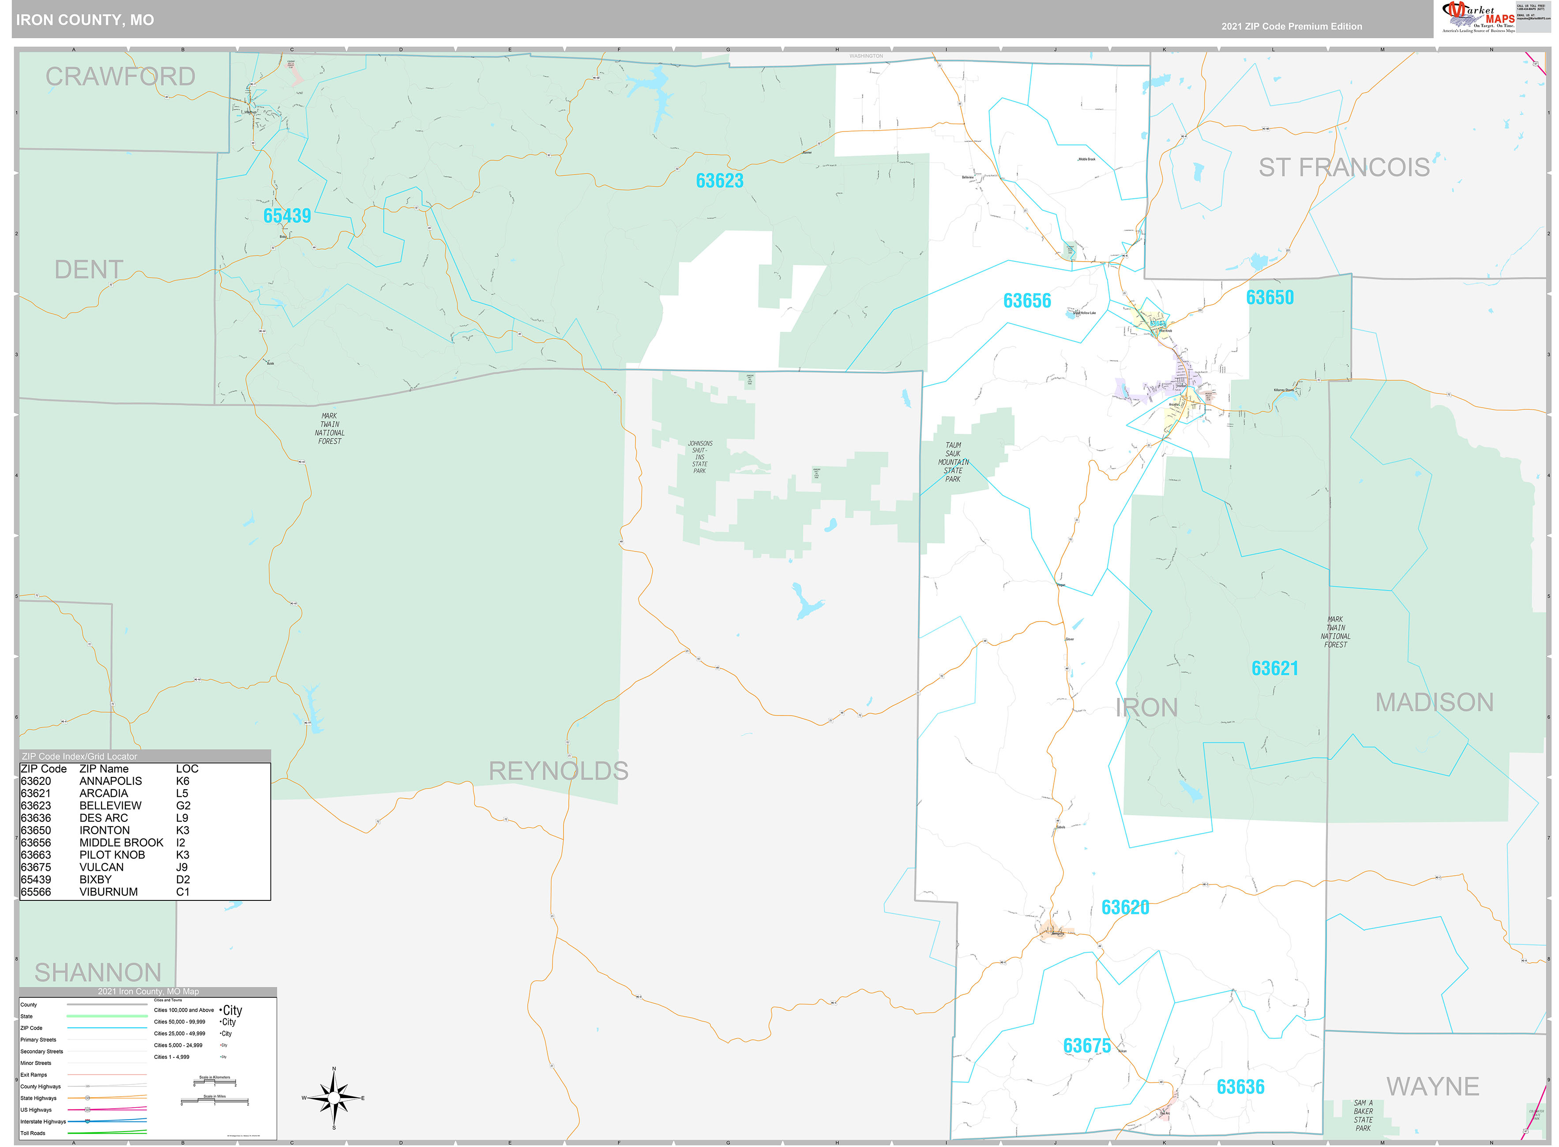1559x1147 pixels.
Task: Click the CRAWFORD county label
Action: point(120,76)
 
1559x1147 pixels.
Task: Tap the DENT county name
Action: point(88,270)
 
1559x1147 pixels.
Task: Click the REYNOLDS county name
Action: point(558,771)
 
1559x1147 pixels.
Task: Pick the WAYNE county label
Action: point(1433,1086)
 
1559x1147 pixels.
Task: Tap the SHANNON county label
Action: point(98,972)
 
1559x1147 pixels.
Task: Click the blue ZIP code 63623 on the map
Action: point(719,180)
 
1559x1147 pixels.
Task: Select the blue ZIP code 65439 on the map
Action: point(287,216)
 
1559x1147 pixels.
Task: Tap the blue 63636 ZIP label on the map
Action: point(1240,1087)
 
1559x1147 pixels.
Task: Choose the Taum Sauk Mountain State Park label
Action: point(953,462)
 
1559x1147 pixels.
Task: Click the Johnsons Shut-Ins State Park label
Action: point(699,457)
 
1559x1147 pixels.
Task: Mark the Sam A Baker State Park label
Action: point(1363,1115)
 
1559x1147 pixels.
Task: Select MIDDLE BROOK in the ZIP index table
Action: point(121,842)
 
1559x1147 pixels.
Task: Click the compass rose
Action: point(334,1098)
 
